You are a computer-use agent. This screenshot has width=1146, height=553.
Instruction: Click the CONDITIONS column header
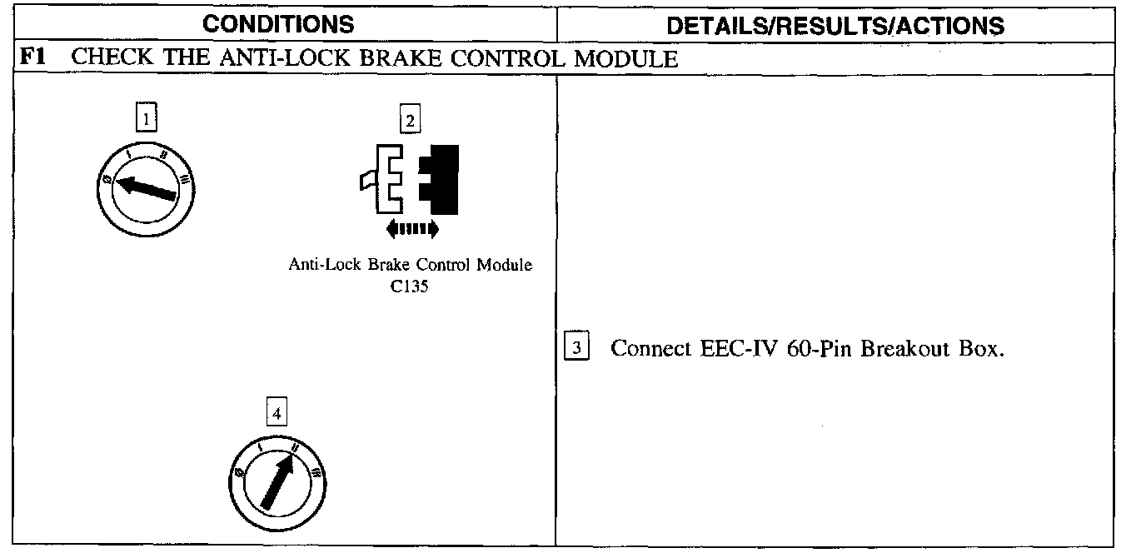278,24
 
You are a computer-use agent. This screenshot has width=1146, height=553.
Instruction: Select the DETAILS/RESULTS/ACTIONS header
835,25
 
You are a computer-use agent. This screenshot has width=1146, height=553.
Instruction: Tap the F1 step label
32,58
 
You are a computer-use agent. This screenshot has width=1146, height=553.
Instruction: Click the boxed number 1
146,119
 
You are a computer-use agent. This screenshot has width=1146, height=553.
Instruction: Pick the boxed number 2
409,121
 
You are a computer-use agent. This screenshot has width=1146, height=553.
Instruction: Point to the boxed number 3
576,347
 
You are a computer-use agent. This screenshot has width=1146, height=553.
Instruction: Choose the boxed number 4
277,412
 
